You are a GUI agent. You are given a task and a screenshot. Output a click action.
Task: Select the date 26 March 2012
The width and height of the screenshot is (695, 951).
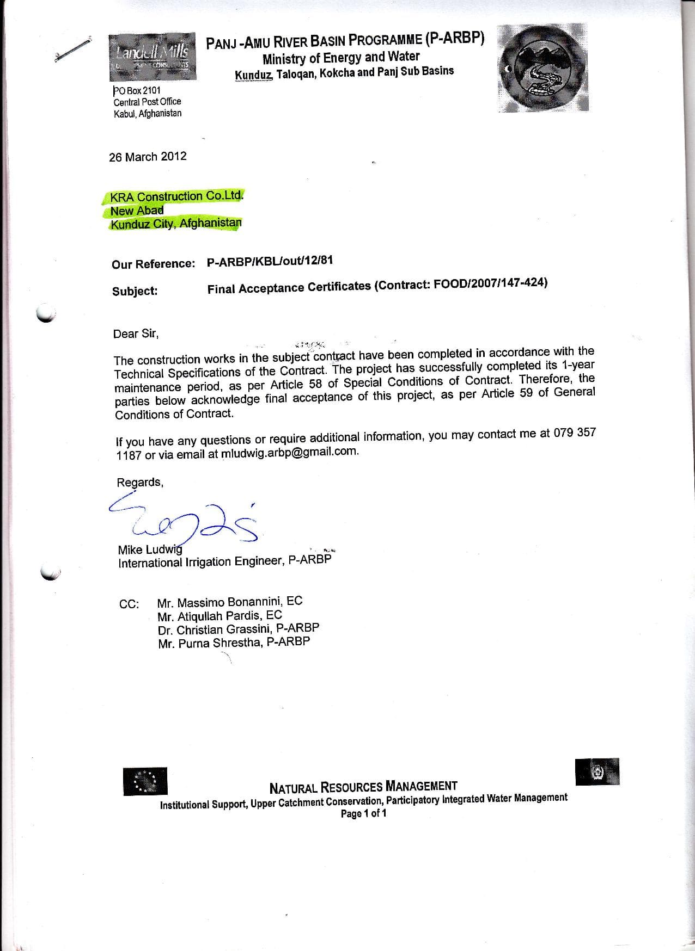(x=148, y=157)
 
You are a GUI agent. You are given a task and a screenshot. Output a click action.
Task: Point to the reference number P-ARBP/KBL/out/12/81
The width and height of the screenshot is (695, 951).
(x=270, y=261)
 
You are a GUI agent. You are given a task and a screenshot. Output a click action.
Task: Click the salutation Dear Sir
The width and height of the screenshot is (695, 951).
(x=136, y=334)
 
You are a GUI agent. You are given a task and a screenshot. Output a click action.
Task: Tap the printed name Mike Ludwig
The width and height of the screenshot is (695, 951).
(x=150, y=549)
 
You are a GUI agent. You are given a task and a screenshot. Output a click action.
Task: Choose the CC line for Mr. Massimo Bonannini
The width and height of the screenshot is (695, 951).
(x=230, y=602)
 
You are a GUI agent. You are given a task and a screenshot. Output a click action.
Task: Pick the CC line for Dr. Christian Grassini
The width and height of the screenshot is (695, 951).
(x=239, y=628)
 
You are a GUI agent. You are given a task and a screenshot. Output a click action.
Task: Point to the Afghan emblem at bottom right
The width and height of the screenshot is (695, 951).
(x=598, y=771)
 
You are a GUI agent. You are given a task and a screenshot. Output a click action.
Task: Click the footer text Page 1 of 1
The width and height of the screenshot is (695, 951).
(x=363, y=813)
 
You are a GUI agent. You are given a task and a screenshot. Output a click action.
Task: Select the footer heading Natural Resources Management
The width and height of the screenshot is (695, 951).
(x=363, y=787)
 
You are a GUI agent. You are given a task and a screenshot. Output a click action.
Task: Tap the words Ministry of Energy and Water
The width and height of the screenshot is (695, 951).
(x=341, y=57)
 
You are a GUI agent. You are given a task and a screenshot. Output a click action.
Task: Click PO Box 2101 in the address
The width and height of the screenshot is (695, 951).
(x=137, y=90)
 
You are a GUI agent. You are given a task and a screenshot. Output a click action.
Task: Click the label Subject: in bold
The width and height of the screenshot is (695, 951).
(x=135, y=291)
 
